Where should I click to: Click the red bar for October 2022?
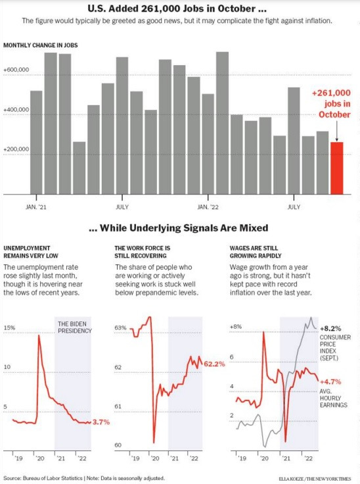click(336, 168)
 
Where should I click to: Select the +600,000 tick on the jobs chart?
click(16, 69)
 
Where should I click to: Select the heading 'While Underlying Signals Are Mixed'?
click(178, 228)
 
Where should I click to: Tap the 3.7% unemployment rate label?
click(100, 422)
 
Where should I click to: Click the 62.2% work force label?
click(215, 363)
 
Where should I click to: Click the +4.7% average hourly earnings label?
click(332, 380)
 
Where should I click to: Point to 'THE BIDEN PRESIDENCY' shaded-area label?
click(73, 327)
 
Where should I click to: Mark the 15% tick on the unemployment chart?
click(9, 327)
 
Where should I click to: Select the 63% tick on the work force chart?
click(120, 327)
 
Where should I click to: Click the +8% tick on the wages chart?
click(235, 327)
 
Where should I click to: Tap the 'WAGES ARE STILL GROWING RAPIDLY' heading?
click(256, 252)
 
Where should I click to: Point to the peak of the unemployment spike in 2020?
click(39, 336)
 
